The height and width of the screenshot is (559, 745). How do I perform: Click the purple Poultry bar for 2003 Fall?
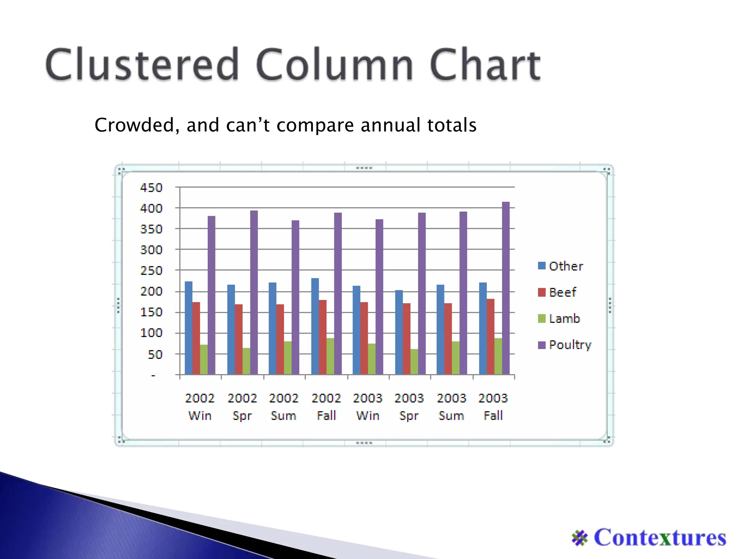tap(506, 288)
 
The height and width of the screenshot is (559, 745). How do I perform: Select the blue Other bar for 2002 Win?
tap(188, 328)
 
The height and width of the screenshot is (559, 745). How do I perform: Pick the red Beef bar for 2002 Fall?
tap(323, 337)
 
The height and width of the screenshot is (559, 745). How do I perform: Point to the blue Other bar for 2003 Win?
tap(356, 330)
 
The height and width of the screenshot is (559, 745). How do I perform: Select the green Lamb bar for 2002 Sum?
tap(288, 358)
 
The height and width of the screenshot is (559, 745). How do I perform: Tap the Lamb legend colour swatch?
tap(542, 318)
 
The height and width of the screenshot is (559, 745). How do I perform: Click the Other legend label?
tap(566, 266)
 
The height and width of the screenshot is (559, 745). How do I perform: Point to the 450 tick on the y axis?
tap(151, 188)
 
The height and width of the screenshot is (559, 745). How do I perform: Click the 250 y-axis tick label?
tap(151, 271)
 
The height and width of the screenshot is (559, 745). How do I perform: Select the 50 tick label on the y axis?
tap(155, 354)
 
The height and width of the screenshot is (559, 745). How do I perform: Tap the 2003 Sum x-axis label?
tap(451, 407)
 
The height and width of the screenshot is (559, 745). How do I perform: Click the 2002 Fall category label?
tap(326, 407)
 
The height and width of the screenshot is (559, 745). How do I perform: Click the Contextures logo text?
tap(660, 537)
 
